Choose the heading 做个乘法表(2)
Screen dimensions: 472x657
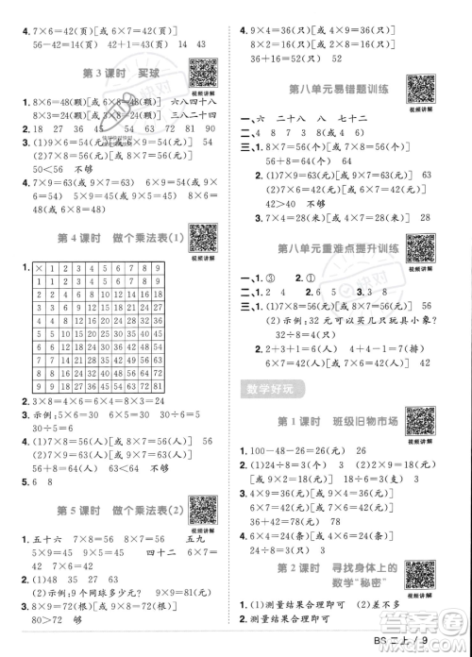[118, 499]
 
